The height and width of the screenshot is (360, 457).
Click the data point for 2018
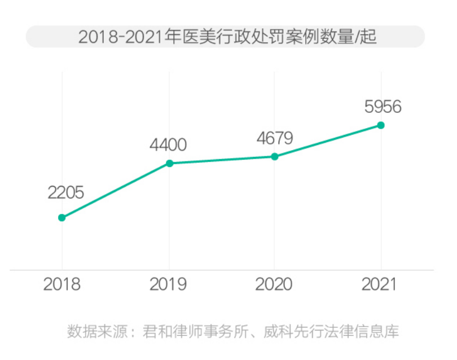click(62, 217)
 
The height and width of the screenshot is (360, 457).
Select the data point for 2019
click(169, 163)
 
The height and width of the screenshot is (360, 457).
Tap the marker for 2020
click(275, 156)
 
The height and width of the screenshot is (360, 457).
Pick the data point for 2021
click(381, 125)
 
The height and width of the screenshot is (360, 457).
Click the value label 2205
click(65, 193)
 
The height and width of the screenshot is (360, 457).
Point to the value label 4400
click(168, 145)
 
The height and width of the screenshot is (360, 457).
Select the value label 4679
click(274, 139)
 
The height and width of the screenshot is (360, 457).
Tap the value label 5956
click(383, 107)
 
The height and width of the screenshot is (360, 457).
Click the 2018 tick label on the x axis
click(62, 284)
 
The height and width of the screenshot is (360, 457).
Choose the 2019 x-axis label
click(168, 284)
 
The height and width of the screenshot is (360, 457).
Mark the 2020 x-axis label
click(274, 284)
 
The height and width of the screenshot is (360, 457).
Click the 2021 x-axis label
click(380, 284)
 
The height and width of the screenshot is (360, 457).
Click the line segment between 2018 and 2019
click(116, 190)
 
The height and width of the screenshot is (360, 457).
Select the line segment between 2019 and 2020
click(222, 160)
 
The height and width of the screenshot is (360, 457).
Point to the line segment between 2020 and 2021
click(328, 141)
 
